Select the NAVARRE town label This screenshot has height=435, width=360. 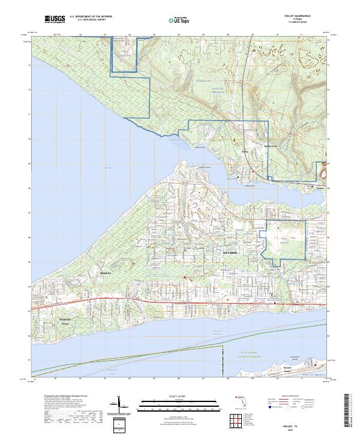tap(231, 253)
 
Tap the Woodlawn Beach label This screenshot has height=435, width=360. tap(67, 321)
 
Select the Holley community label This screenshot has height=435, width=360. tap(244, 152)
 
